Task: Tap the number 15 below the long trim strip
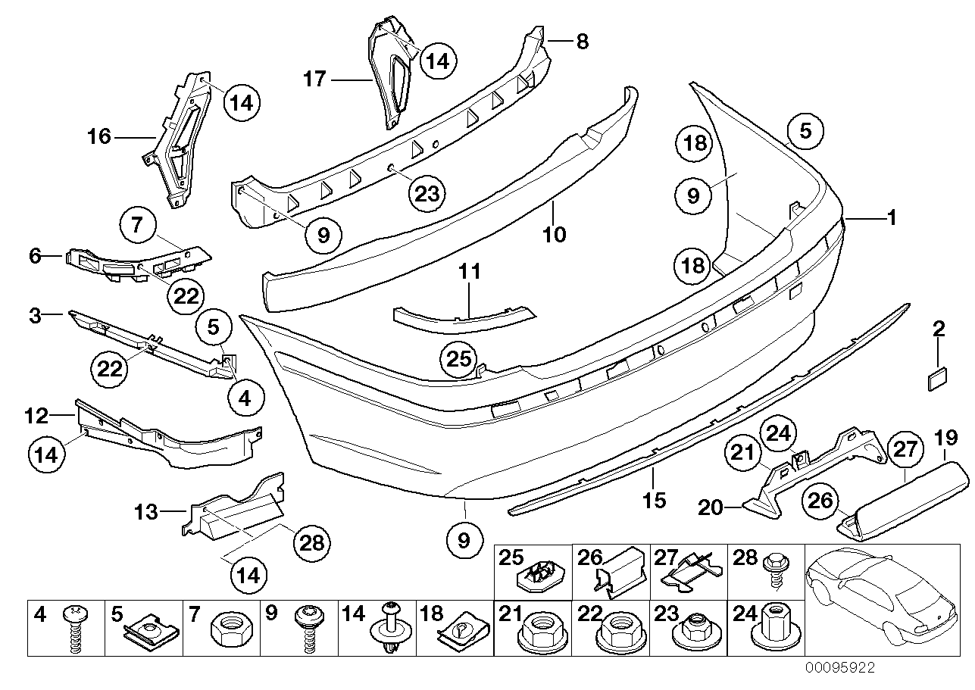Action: (654, 500)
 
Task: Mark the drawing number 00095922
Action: (840, 668)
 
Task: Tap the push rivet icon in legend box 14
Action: (392, 630)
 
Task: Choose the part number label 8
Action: (581, 41)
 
